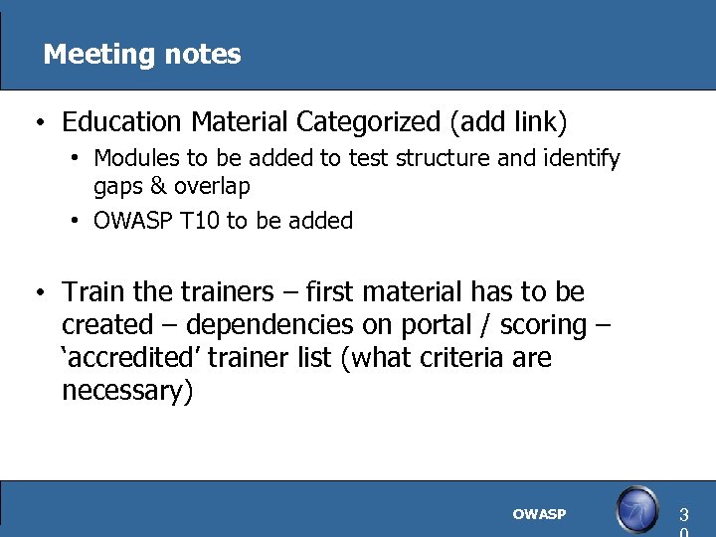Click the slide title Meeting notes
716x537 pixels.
coord(142,54)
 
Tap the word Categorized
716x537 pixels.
coord(369,122)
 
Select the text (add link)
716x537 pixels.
coord(508,122)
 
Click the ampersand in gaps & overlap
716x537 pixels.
coord(158,186)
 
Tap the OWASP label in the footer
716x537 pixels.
coord(539,514)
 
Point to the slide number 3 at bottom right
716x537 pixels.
coord(683,515)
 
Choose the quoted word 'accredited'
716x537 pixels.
coord(124,358)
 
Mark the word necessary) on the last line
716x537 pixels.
coord(127,391)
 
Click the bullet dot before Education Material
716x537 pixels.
coord(37,124)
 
